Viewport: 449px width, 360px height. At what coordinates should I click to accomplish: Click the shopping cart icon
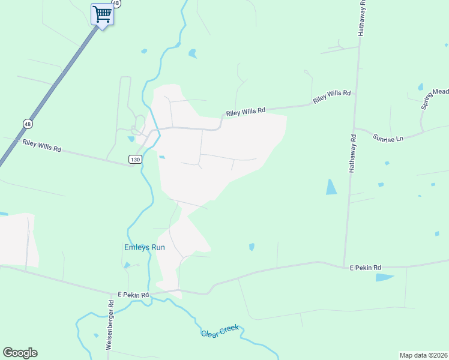pos(103,14)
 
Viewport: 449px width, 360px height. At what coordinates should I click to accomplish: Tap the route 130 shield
pos(134,158)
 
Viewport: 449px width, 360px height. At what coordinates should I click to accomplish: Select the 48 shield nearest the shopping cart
pos(116,3)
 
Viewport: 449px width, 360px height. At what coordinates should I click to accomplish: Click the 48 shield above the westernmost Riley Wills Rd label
pos(28,124)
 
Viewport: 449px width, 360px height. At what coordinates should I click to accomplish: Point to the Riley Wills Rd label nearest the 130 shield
pos(42,145)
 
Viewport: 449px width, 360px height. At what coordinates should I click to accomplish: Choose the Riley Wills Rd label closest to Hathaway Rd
pos(331,96)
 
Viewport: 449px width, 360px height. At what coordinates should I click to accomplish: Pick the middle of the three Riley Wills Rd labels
pos(245,112)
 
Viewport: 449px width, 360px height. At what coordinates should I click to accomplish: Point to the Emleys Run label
pos(144,247)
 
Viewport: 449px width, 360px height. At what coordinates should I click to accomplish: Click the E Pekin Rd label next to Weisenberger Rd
pos(133,295)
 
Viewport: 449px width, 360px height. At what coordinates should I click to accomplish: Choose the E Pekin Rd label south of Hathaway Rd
pos(366,268)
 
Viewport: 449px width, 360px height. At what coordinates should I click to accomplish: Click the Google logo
pos(20,353)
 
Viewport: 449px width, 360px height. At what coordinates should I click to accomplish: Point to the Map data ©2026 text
pos(423,355)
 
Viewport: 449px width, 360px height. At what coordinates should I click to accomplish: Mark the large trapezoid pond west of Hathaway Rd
pos(331,187)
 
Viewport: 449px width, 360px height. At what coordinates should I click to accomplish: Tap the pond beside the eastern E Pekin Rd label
pos(384,277)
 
